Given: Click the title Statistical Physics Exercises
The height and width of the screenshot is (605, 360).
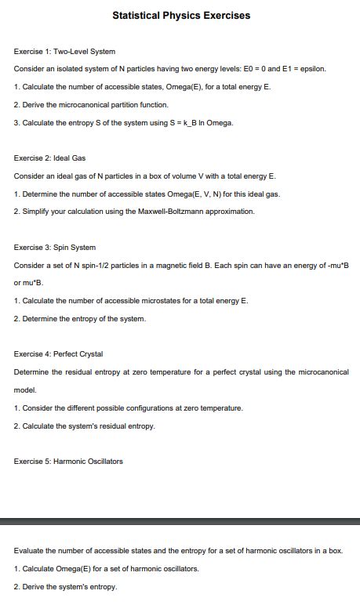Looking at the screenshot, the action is [x=181, y=15].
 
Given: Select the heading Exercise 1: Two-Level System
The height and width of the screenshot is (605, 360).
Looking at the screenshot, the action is [x=64, y=51].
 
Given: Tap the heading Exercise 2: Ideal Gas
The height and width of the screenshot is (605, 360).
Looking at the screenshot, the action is [x=49, y=158].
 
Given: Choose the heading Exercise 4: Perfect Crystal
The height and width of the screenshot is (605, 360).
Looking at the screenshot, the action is [x=58, y=354].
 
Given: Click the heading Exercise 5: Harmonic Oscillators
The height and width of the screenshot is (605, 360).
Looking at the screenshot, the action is [x=68, y=461].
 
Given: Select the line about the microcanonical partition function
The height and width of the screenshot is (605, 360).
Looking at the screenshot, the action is [x=91, y=104].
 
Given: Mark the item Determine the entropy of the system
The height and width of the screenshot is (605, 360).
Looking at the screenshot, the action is [x=80, y=318].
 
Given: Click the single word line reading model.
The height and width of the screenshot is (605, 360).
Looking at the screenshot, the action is [x=25, y=389].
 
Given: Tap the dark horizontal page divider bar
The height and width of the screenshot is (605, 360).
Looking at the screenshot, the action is [x=180, y=520].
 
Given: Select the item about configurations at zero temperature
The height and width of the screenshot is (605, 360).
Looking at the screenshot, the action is [x=129, y=408].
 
